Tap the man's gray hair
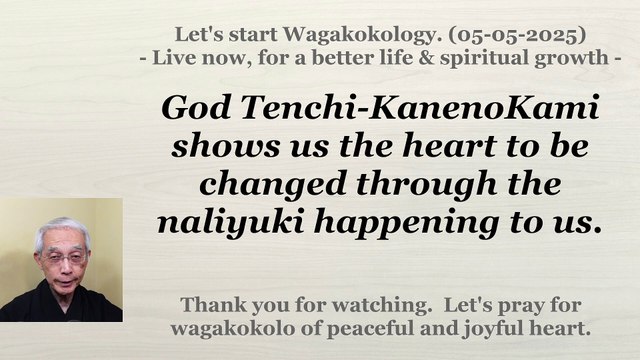tap(61, 227)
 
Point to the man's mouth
tap(63, 284)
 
